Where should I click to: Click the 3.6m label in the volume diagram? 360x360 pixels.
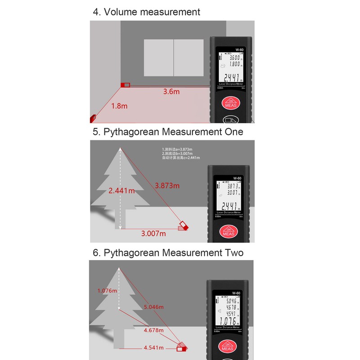click(171, 91)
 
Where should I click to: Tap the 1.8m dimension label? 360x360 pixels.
click(119, 106)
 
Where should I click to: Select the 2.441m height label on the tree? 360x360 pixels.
click(121, 190)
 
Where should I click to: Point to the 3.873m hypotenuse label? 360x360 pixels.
click(167, 185)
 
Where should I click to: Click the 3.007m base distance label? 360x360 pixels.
click(153, 234)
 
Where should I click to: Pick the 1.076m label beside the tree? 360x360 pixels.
click(107, 291)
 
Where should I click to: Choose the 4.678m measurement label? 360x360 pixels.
click(153, 330)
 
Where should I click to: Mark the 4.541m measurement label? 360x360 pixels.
click(153, 348)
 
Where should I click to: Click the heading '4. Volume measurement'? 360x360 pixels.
click(146, 12)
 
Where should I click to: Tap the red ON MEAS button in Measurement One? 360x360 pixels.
click(229, 231)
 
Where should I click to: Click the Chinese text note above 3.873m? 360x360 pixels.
click(181, 153)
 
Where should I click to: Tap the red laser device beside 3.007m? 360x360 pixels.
click(183, 225)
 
